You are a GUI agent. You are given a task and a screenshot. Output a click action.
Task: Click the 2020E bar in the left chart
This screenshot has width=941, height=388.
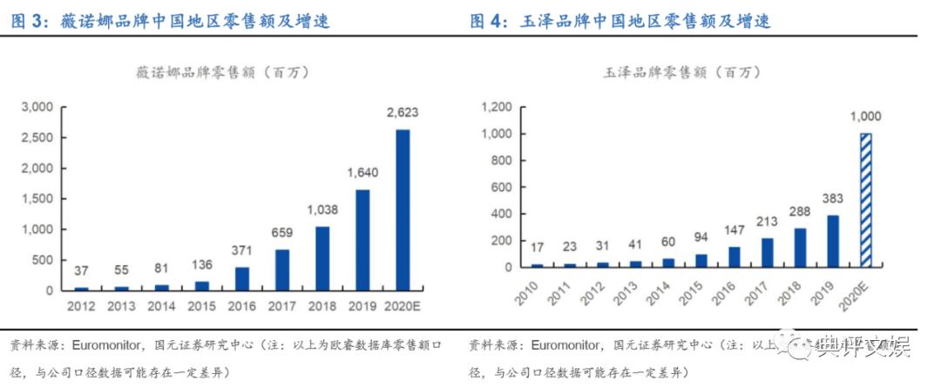403,209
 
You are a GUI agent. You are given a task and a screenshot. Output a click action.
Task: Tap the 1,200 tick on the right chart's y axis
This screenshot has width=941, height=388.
494,106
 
